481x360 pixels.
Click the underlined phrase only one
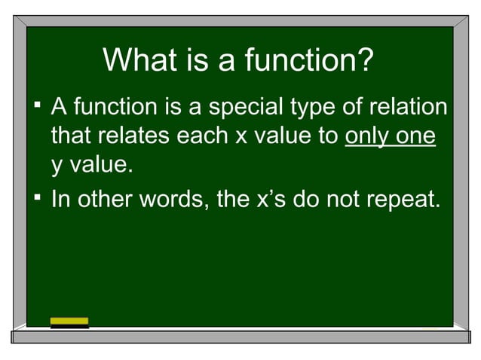(x=390, y=137)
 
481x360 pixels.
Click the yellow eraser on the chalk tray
(x=69, y=323)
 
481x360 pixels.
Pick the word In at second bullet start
(x=60, y=200)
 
